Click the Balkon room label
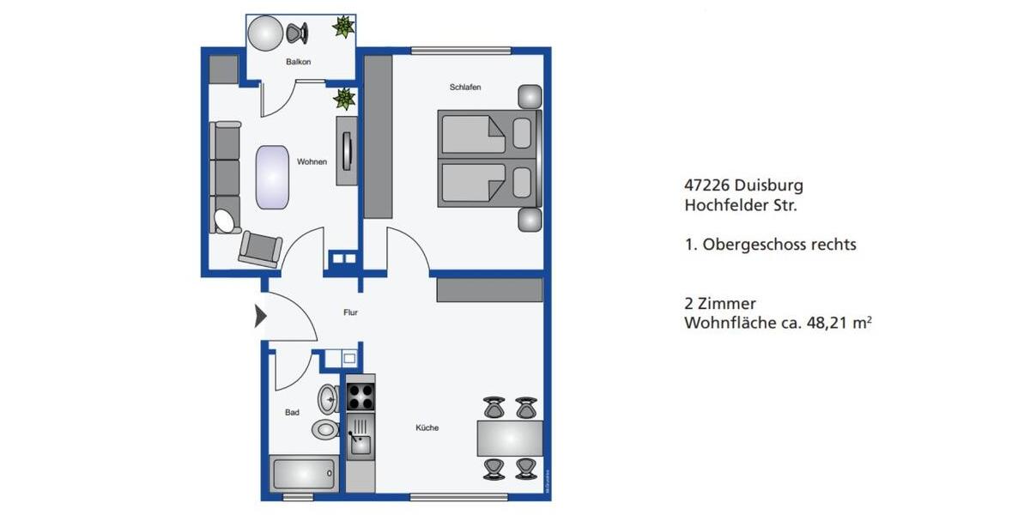[298, 63]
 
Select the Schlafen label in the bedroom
[464, 88]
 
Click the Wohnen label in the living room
[312, 161]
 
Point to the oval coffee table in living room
[272, 177]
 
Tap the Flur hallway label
[350, 313]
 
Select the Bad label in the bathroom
[292, 413]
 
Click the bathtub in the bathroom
[303, 473]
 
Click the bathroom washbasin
[328, 399]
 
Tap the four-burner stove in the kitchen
[360, 397]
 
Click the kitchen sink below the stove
[360, 443]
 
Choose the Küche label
[427, 427]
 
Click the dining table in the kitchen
[510, 439]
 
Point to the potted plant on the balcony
[343, 27]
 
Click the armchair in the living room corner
[260, 248]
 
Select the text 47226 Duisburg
[743, 185]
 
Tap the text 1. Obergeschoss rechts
[770, 245]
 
